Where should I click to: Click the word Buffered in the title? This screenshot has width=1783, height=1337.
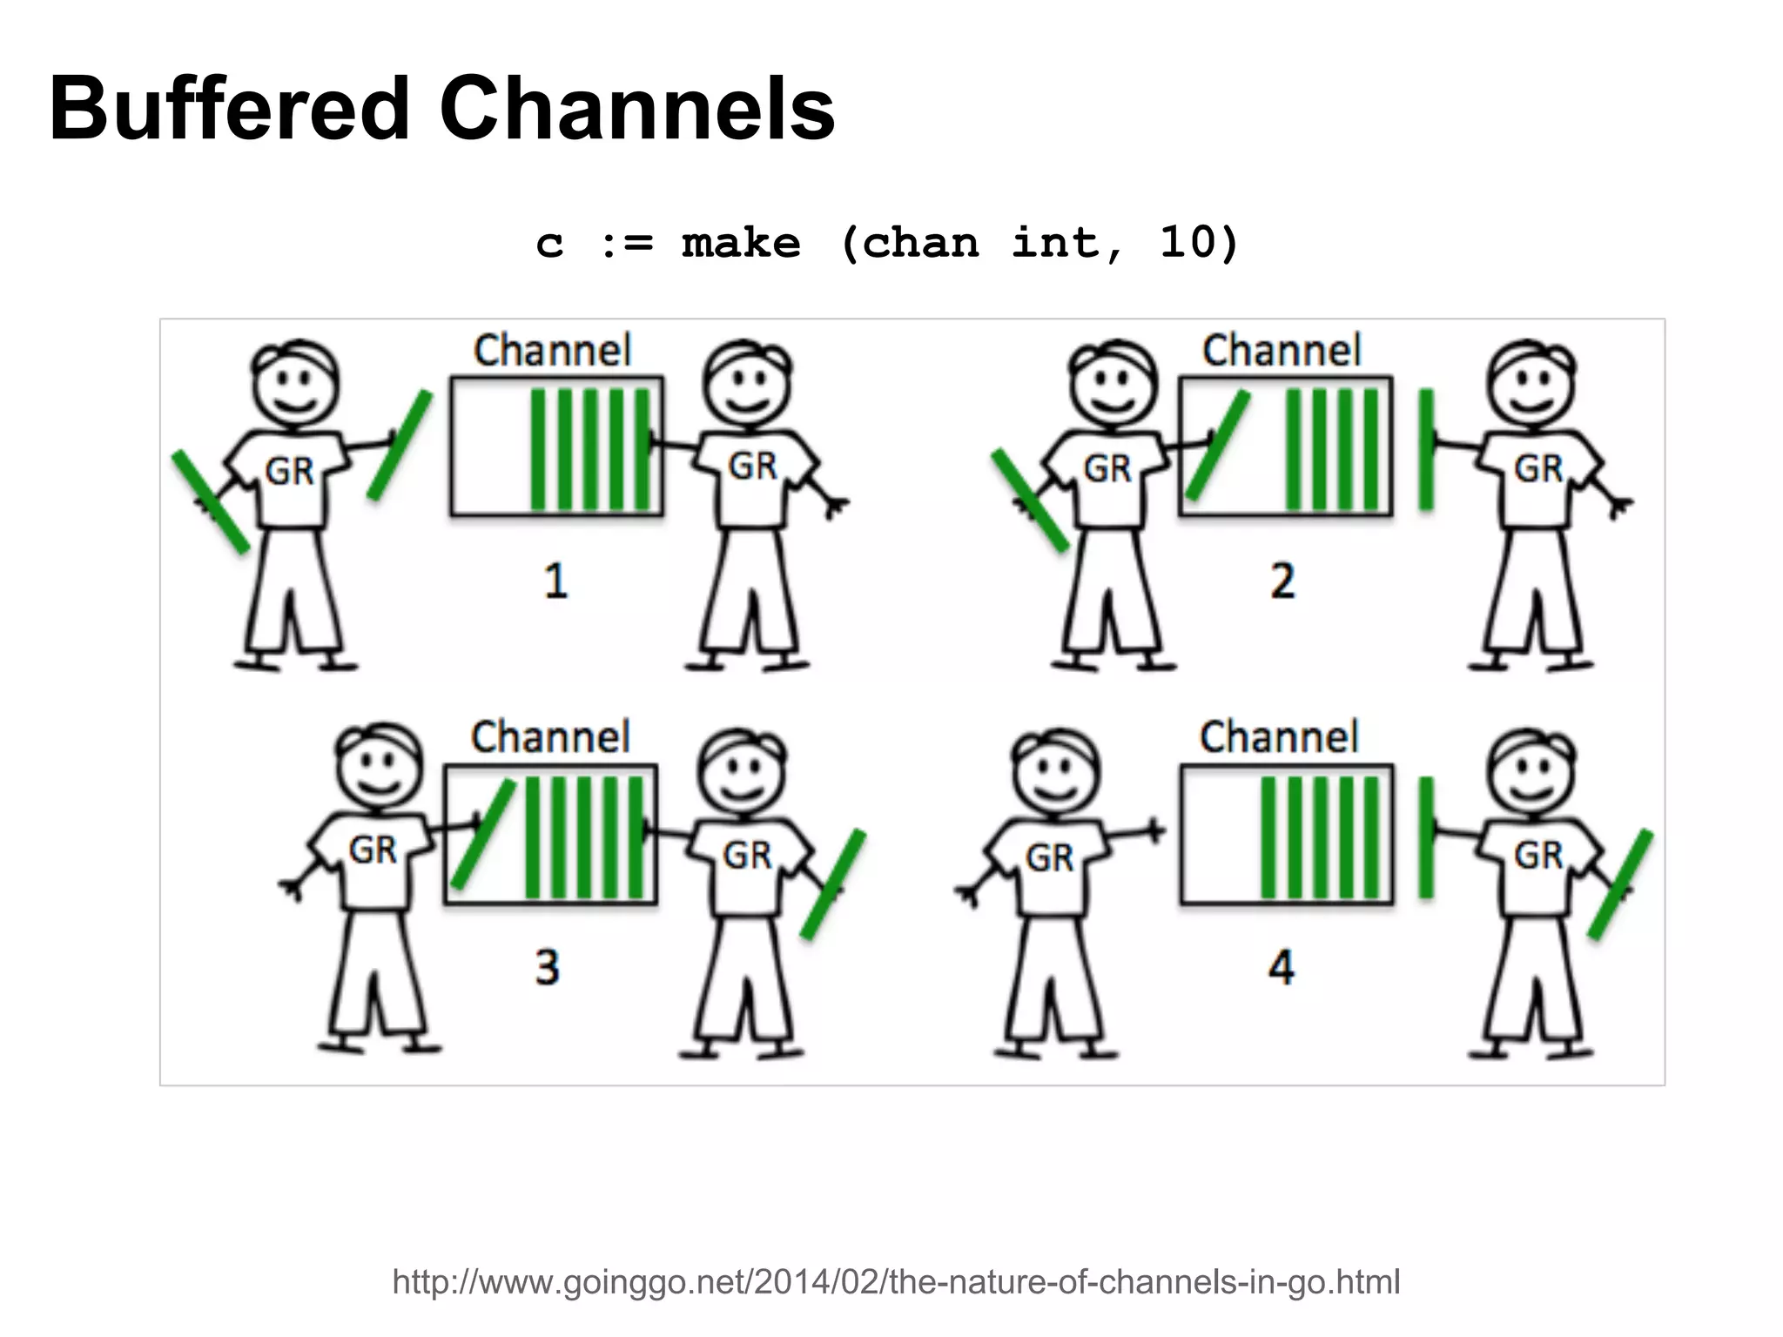229,110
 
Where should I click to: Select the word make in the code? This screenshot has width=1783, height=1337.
740,243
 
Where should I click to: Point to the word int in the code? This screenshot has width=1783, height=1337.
1055,242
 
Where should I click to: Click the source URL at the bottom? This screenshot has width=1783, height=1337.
896,1281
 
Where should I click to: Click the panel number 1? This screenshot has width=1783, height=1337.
556,581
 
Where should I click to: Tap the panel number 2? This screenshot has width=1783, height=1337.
1282,581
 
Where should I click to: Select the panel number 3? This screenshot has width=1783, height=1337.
547,967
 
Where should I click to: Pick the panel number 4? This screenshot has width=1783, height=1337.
1281,967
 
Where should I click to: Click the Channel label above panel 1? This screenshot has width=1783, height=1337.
552,351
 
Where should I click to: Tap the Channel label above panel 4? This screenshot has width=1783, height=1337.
1279,737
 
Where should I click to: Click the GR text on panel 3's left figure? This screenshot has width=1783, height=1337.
373,850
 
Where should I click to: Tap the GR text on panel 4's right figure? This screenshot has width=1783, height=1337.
1538,856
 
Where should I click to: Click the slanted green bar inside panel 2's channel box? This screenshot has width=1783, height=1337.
1218,446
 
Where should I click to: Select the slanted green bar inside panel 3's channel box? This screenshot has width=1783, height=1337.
483,834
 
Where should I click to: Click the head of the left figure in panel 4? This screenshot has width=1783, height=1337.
1055,770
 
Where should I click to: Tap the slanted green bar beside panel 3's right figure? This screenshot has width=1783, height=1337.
833,884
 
